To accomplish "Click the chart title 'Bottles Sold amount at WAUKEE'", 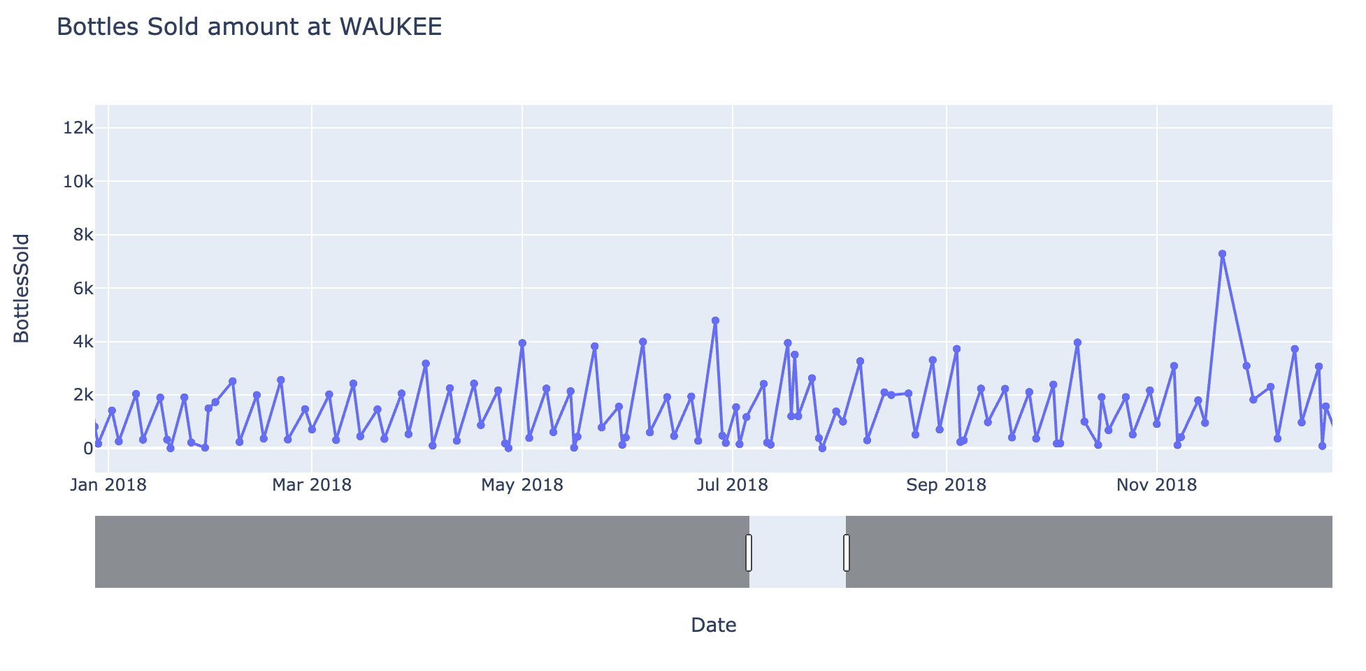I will pyautogui.click(x=249, y=27).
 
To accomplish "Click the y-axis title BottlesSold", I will pyautogui.click(x=22, y=288).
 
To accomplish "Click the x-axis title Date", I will pyautogui.click(x=713, y=625).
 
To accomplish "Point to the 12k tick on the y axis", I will pyautogui.click(x=78, y=128).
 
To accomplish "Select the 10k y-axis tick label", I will pyautogui.click(x=78, y=182).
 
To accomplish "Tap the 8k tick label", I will pyautogui.click(x=81, y=235).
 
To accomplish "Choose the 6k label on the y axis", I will pyautogui.click(x=81, y=289).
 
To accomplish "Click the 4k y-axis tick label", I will pyautogui.click(x=81, y=342).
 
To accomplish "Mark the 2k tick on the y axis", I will pyautogui.click(x=81, y=396).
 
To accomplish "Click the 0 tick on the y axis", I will pyautogui.click(x=87, y=449).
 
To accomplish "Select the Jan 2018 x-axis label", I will pyautogui.click(x=108, y=485).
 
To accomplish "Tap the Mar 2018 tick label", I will pyautogui.click(x=312, y=485).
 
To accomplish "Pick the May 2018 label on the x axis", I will pyautogui.click(x=522, y=485).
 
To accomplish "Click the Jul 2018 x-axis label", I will pyautogui.click(x=733, y=485).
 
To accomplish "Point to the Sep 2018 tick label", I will pyautogui.click(x=946, y=485).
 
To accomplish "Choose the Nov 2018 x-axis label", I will pyautogui.click(x=1157, y=485).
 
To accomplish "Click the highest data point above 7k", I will pyautogui.click(x=1222, y=254).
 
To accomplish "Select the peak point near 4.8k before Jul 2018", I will pyautogui.click(x=715, y=321).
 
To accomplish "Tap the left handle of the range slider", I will pyautogui.click(x=749, y=552).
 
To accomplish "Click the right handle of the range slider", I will pyautogui.click(x=847, y=552).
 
